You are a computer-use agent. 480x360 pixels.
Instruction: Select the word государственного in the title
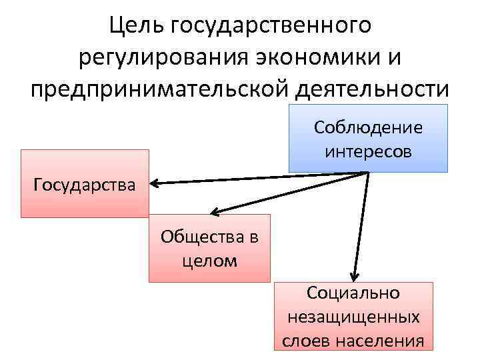click(x=270, y=27)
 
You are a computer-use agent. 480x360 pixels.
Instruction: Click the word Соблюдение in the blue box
click(x=369, y=127)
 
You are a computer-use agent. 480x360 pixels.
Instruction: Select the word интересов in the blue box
click(x=369, y=151)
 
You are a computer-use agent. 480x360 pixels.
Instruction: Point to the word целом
click(x=209, y=260)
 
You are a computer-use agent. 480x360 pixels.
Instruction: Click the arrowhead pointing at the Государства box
click(x=153, y=182)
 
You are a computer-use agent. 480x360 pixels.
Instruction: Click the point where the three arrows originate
click(x=369, y=172)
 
